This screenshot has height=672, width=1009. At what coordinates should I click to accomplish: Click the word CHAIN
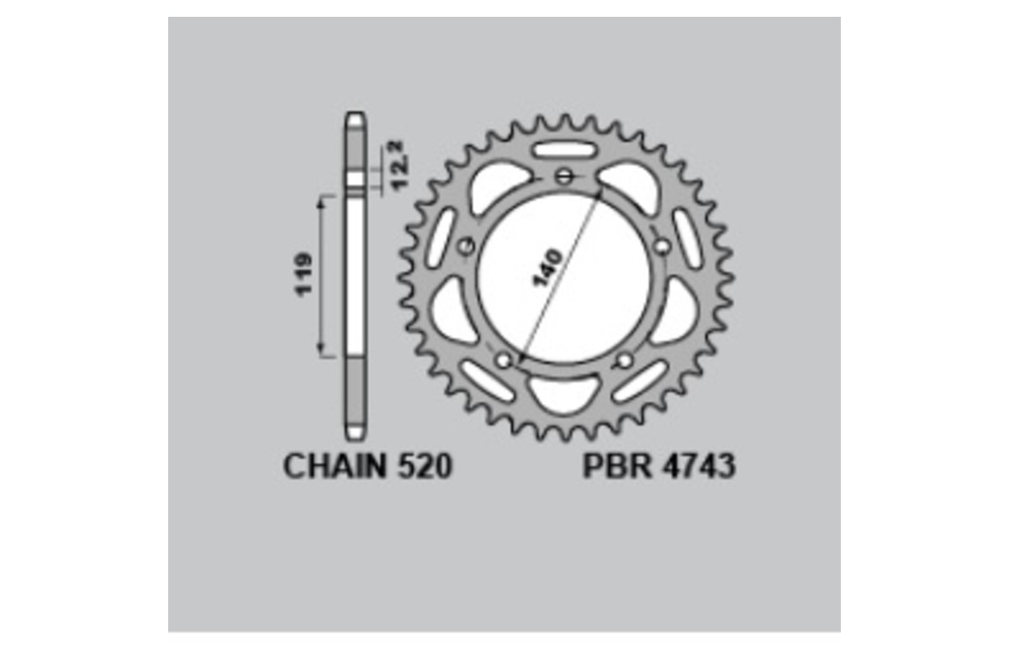tap(333, 466)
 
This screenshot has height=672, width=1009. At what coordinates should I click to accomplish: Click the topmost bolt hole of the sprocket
tap(564, 176)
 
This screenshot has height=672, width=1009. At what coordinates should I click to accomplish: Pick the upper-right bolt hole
tap(663, 246)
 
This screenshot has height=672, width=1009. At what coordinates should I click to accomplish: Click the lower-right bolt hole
tap(625, 360)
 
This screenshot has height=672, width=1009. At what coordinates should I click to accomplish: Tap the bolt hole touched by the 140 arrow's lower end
tap(504, 360)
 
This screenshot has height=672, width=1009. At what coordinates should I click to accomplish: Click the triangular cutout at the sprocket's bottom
tap(564, 391)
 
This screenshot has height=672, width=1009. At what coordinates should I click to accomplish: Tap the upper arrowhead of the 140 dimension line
tap(600, 192)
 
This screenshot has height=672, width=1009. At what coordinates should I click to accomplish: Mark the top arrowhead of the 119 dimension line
tap(320, 200)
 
